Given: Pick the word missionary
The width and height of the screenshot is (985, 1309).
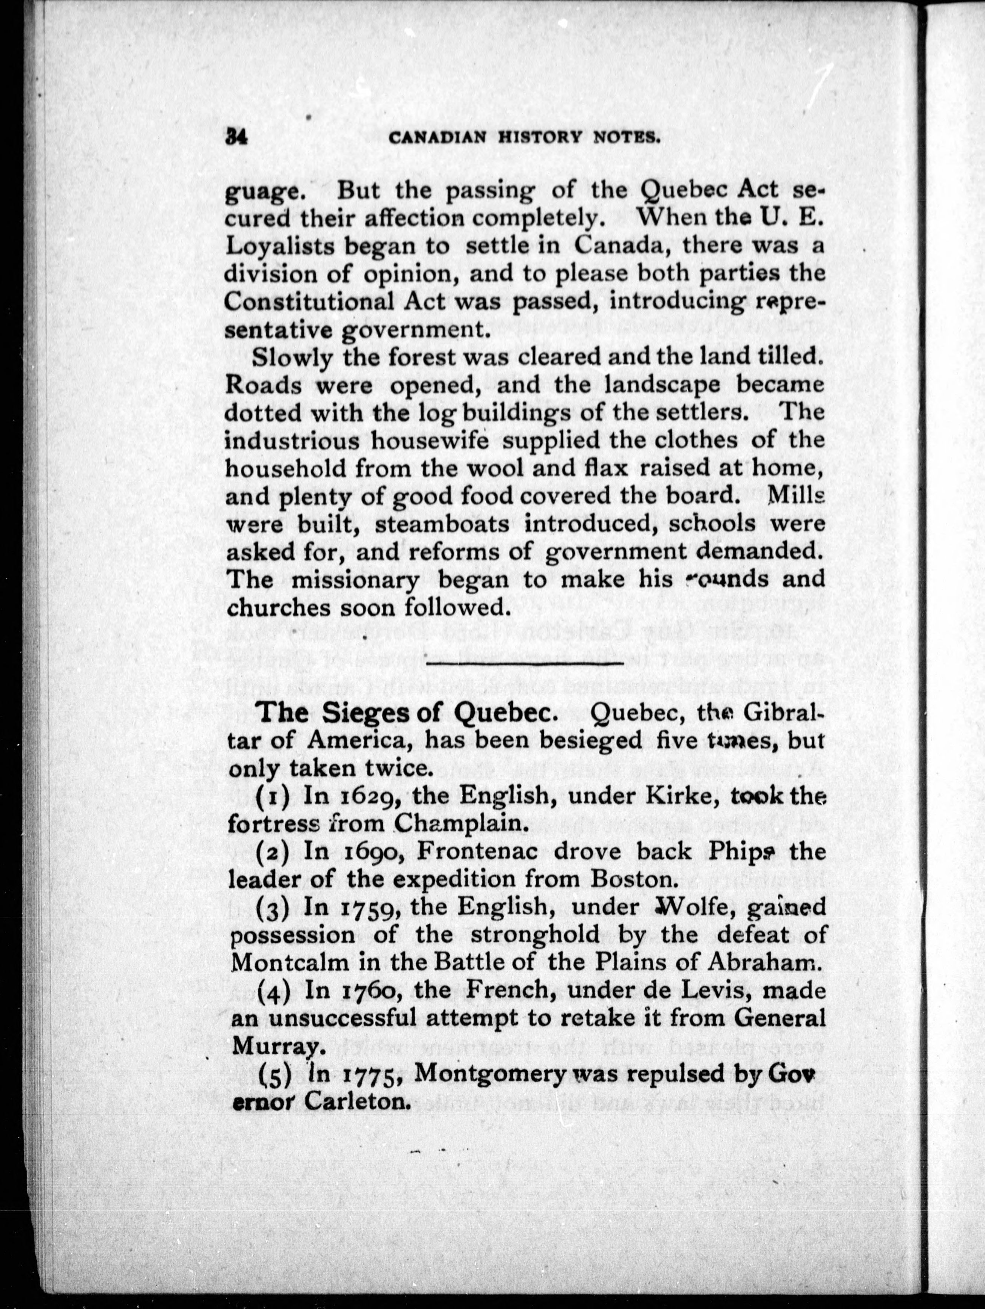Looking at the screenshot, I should (355, 580).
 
